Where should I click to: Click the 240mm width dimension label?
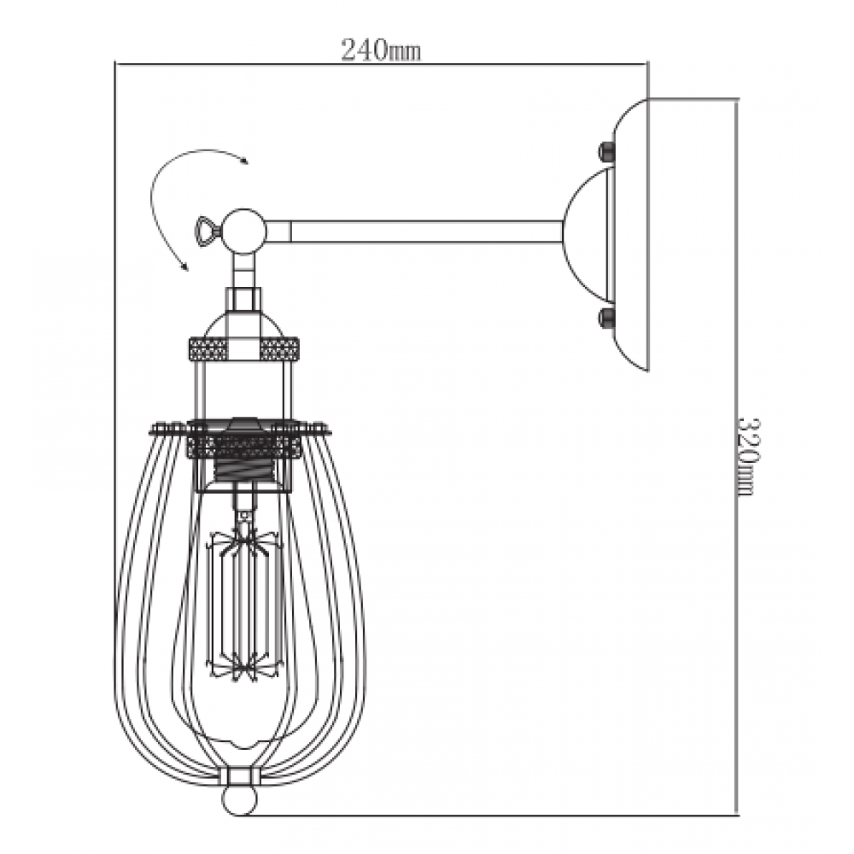(381, 50)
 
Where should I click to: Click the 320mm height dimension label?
(747, 456)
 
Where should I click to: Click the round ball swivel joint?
(246, 231)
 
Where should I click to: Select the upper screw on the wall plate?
(606, 152)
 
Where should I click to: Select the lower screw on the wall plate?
(606, 317)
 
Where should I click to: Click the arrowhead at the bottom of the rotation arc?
(184, 265)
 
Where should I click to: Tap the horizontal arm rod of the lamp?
(414, 231)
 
